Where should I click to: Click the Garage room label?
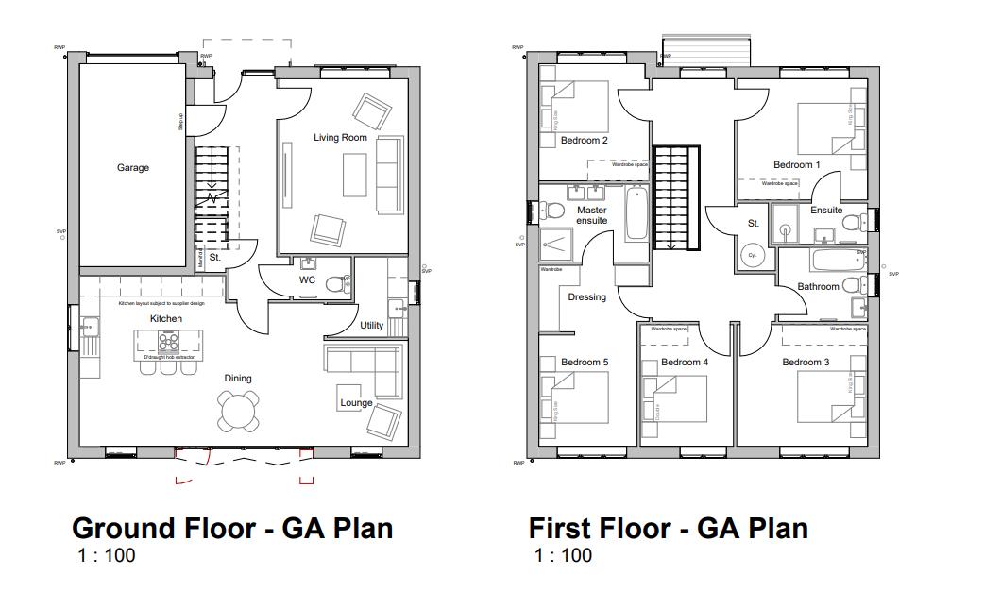click(133, 168)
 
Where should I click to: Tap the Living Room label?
click(340, 138)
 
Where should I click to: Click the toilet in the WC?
click(334, 282)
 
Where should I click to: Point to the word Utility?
click(371, 326)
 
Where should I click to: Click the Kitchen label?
click(165, 319)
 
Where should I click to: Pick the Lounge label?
click(356, 403)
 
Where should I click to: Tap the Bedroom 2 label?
click(584, 141)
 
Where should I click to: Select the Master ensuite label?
click(592, 215)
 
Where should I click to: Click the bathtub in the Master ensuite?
click(636, 216)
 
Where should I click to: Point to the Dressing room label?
click(586, 297)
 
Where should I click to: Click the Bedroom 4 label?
click(685, 363)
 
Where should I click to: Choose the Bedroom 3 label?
click(806, 363)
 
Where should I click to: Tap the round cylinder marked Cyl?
click(754, 256)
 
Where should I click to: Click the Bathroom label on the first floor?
click(818, 286)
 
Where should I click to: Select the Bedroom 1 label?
click(797, 165)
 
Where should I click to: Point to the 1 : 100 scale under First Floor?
click(563, 554)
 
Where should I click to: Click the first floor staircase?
click(675, 197)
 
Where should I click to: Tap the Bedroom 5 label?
click(585, 363)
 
